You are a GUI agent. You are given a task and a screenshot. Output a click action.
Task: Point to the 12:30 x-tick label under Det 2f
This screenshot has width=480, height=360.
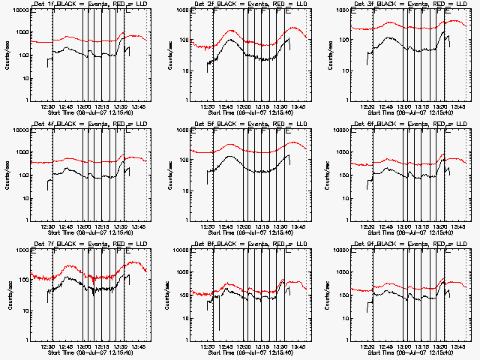click(208, 106)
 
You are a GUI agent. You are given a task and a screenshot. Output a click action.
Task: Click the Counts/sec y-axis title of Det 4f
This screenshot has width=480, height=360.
click(7, 175)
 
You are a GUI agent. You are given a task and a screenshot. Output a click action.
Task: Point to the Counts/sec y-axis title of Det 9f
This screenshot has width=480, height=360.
click(327, 295)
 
